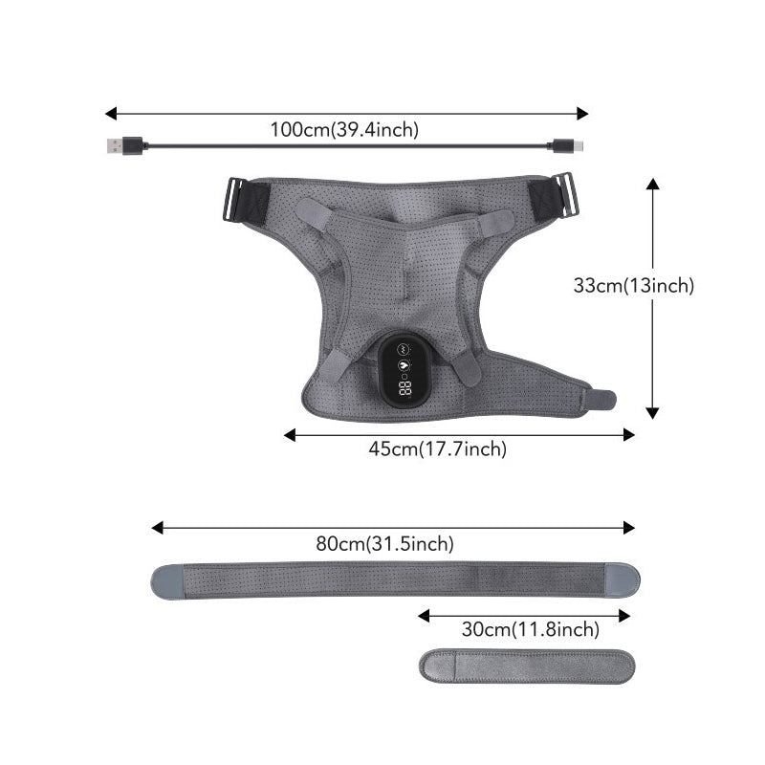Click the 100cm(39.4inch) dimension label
pyautogui.click(x=344, y=130)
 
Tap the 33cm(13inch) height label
pyautogui.click(x=634, y=285)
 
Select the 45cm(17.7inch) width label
pyautogui.click(x=438, y=448)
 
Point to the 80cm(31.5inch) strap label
pyautogui.click(x=385, y=543)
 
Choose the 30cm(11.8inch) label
pyautogui.click(x=531, y=629)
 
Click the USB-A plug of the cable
pyautogui.click(x=125, y=145)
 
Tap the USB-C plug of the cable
pyautogui.click(x=566, y=145)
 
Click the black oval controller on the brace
pyautogui.click(x=403, y=369)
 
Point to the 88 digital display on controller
pyautogui.click(x=404, y=388)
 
